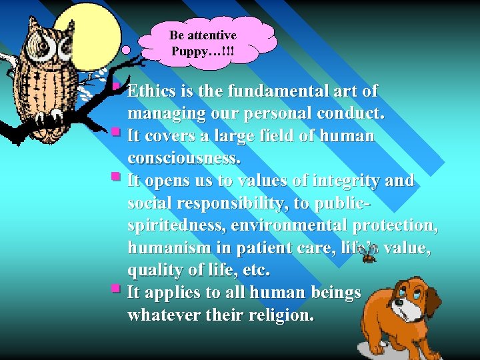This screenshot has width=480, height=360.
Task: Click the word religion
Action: pyautogui.click(x=277, y=315)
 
